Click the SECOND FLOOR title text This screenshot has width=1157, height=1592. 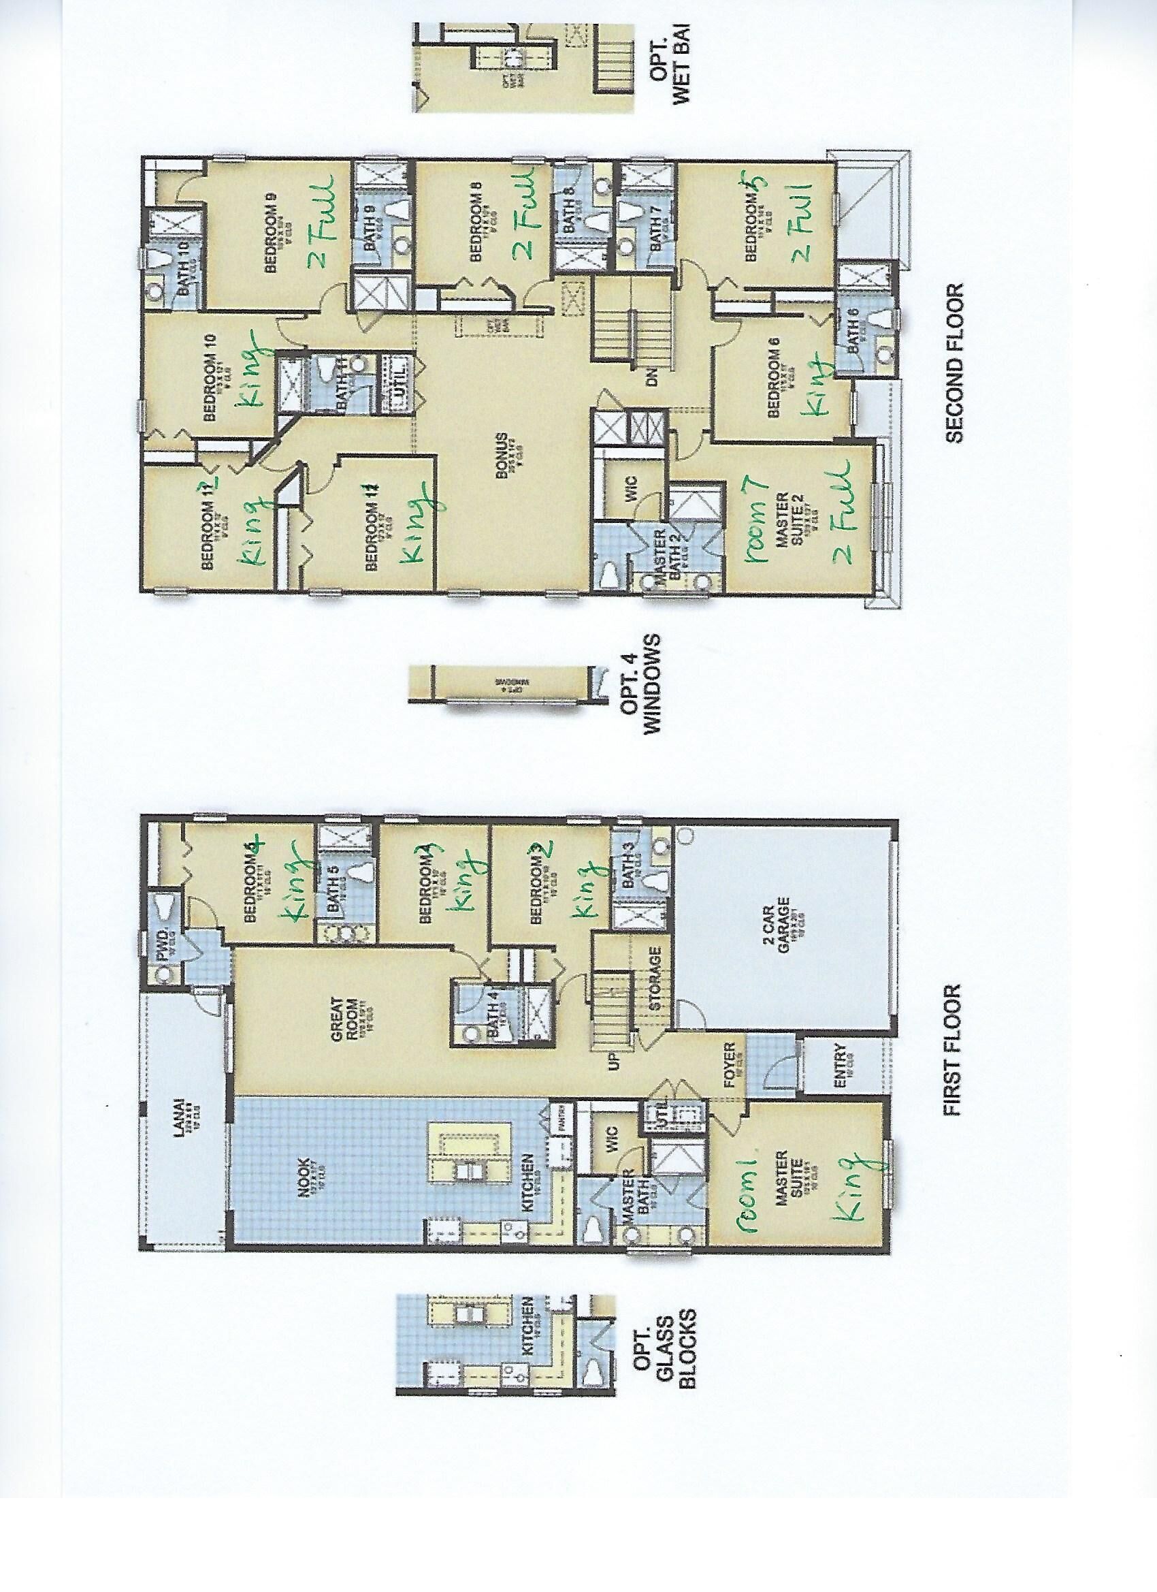(955, 363)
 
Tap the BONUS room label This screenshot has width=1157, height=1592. (502, 455)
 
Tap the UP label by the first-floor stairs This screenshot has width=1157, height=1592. (615, 1062)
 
